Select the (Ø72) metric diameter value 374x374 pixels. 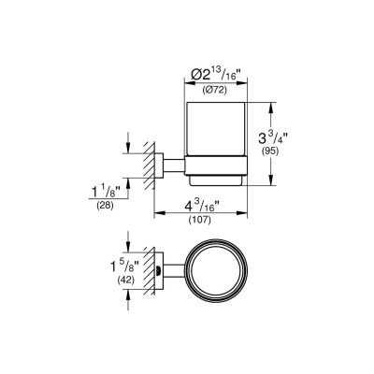point(213,91)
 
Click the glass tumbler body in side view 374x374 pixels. point(213,131)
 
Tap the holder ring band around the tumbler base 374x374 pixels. point(213,169)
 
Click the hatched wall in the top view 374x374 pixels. point(147,272)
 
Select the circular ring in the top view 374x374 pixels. point(213,272)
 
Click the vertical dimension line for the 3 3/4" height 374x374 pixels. point(273,140)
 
